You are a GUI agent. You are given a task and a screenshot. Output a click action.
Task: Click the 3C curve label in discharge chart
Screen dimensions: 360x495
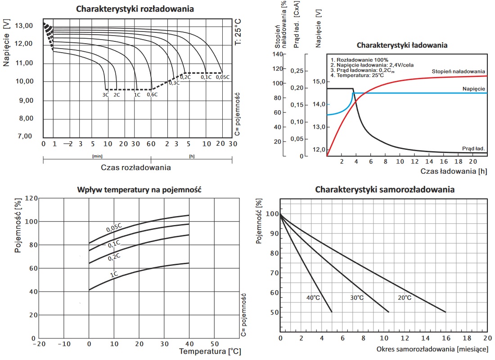[x=105, y=94]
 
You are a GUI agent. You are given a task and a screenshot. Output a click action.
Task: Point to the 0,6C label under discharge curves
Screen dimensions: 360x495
[x=152, y=94]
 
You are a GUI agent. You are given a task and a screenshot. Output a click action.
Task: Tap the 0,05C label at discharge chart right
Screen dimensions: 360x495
[x=223, y=77]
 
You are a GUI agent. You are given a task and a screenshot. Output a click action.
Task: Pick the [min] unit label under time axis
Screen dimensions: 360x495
[x=97, y=156]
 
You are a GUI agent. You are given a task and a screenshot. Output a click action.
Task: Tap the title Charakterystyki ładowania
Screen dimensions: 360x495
[x=402, y=45]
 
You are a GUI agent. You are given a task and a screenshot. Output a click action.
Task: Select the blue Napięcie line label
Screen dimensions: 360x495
[x=473, y=89]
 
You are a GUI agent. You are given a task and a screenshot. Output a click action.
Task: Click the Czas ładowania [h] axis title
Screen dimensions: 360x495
[x=454, y=171]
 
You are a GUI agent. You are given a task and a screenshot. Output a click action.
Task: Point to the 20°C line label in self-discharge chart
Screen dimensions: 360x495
[x=404, y=297]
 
